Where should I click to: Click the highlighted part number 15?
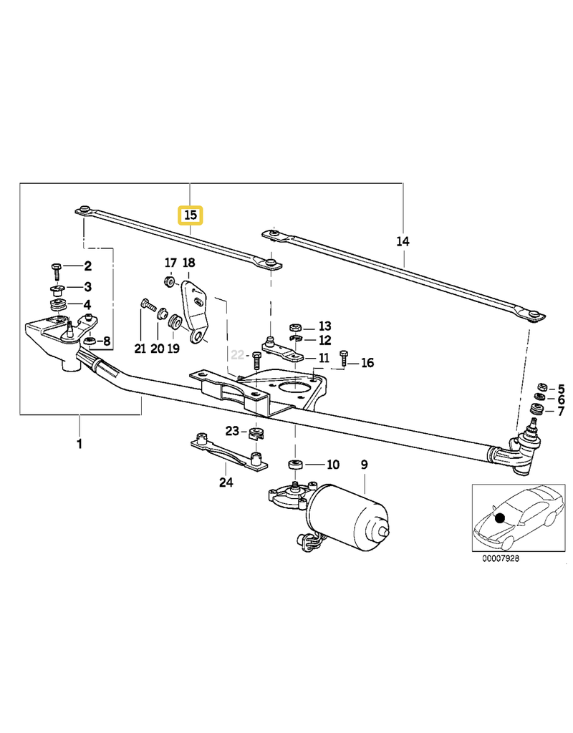click(191, 215)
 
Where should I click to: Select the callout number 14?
click(403, 243)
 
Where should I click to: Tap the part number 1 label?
click(79, 444)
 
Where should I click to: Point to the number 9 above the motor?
click(364, 465)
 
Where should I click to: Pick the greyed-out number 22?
click(238, 354)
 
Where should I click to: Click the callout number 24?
click(226, 482)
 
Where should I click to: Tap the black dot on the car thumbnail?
click(500, 518)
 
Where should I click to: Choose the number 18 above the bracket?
click(188, 263)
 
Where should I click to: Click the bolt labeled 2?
click(57, 268)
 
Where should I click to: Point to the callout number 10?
click(332, 465)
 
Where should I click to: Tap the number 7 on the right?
click(561, 409)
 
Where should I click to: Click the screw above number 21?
click(149, 306)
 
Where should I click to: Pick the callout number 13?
click(325, 326)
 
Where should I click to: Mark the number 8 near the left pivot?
click(107, 341)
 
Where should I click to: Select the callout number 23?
click(231, 431)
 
